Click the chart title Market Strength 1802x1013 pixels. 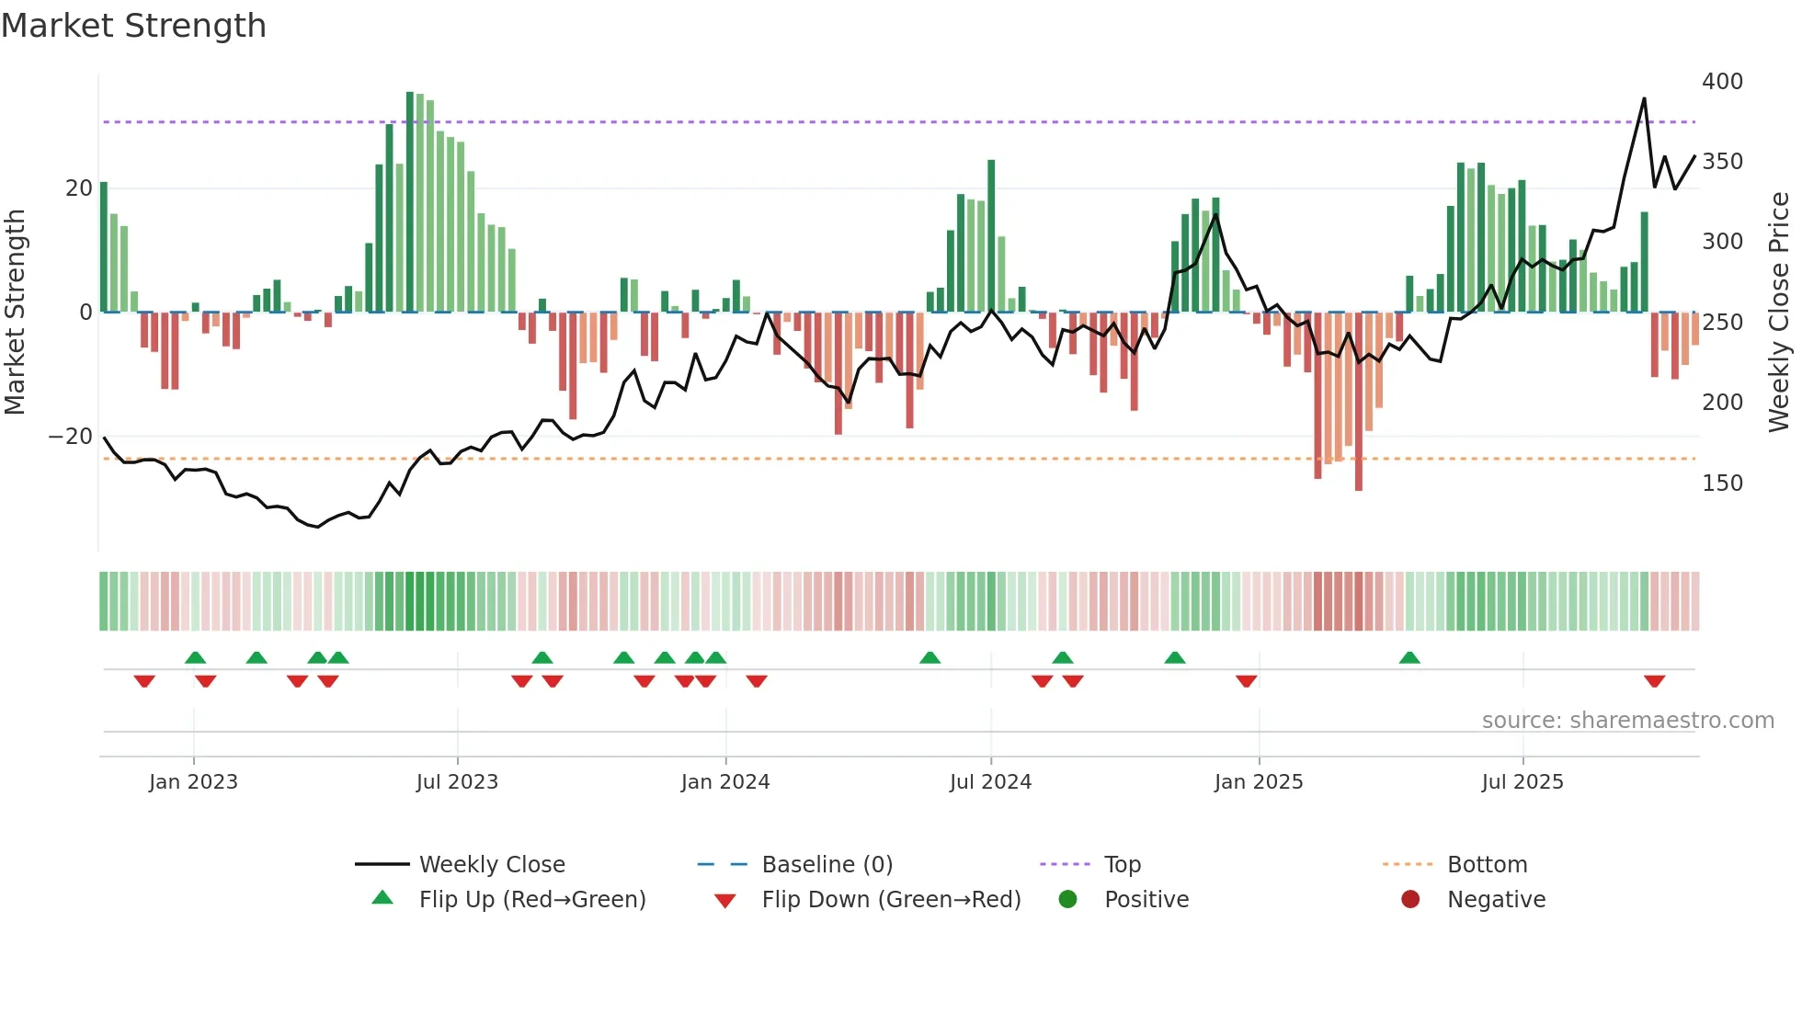point(133,26)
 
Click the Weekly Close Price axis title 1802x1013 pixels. point(1779,313)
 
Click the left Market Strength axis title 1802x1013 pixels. point(16,313)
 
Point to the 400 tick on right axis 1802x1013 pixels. point(1722,82)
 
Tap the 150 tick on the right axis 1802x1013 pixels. point(1722,484)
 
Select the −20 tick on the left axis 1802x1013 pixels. point(71,437)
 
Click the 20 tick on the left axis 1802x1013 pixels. point(79,188)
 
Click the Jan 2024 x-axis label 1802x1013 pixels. point(725,782)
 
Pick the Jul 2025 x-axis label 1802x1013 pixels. point(1523,782)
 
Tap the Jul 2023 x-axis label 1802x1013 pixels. point(457,782)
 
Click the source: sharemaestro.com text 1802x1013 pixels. point(1627,721)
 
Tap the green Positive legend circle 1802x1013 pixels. point(1067,900)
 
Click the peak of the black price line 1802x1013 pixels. point(1644,98)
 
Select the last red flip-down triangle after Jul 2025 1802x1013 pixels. point(1654,681)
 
